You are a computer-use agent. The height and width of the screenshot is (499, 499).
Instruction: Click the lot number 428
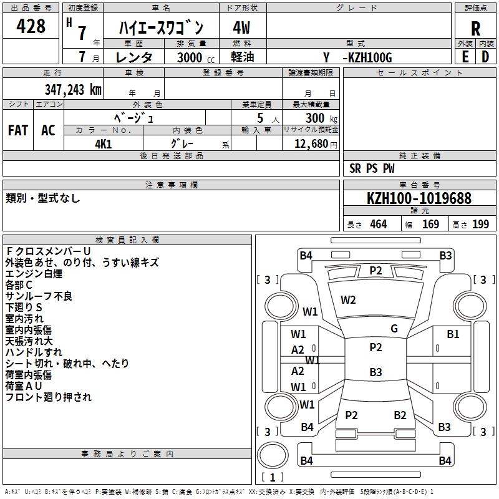pos(32,26)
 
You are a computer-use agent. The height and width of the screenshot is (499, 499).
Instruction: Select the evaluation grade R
pos(475,29)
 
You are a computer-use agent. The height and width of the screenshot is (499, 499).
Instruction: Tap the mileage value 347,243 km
pos(72,89)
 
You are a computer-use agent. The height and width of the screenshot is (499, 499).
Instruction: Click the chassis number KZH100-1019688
pos(419,198)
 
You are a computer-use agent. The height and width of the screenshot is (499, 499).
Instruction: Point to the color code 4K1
pos(103,143)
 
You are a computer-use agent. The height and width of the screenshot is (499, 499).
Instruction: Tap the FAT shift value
pos(17,130)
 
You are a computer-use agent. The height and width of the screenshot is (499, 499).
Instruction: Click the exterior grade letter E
pos(465,57)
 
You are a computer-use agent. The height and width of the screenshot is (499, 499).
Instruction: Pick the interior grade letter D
pos(485,57)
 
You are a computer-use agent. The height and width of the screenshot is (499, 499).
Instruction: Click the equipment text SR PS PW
pos(372,168)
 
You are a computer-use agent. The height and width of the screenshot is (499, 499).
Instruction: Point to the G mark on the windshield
pos(394,329)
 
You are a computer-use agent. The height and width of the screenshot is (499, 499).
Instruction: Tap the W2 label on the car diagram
pos(348,300)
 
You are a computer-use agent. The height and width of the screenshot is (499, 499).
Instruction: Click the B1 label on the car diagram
pos(453,334)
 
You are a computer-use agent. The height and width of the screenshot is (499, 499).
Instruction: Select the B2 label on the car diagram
pos(400,415)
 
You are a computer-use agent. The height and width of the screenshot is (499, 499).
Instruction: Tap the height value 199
pos(480,225)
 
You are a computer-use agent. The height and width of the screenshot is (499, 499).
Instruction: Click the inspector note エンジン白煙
pos(34,273)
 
